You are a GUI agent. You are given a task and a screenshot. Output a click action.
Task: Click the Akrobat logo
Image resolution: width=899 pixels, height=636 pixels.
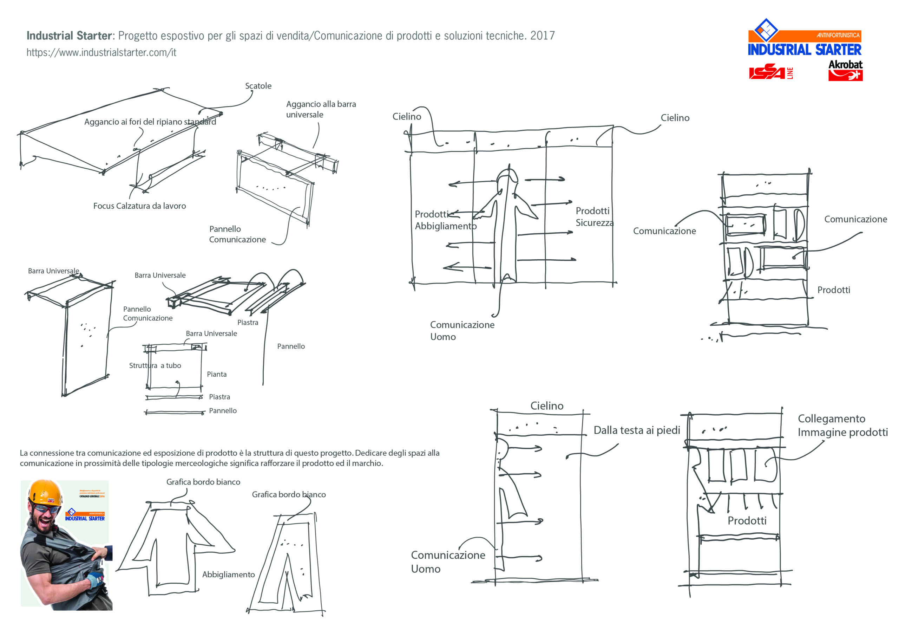[x=845, y=71]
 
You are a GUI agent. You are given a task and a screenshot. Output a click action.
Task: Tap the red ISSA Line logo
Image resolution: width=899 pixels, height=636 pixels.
[x=770, y=72]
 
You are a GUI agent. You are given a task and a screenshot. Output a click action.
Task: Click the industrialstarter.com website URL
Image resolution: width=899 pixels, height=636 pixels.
[x=101, y=52]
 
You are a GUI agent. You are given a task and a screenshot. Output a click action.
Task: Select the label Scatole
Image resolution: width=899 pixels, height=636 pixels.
[x=258, y=86]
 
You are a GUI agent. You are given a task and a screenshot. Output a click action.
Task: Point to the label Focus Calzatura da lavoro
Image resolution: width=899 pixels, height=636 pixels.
[x=139, y=206]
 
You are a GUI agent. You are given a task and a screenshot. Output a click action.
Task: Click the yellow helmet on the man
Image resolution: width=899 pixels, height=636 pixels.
[x=45, y=493]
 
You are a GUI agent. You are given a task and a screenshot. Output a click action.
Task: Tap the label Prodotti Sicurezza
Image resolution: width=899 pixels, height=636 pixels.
[x=593, y=217]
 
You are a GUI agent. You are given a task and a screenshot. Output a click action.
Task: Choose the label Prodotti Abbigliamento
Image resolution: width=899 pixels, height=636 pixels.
[x=445, y=220]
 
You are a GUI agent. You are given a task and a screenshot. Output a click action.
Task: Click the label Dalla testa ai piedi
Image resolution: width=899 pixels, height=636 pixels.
[x=637, y=430]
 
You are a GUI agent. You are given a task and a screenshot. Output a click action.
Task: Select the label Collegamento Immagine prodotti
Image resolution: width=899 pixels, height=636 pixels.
[x=842, y=426]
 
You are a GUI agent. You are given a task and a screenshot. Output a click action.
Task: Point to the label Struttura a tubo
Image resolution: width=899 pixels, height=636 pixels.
[x=155, y=365]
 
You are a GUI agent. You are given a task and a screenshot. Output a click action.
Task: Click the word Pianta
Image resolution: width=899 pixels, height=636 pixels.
[x=217, y=374]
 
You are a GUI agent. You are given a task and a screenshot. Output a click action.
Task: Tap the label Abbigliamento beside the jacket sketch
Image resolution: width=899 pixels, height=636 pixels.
[x=228, y=575]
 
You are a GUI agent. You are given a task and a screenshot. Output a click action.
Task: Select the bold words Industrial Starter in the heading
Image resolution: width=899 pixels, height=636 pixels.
[x=69, y=35]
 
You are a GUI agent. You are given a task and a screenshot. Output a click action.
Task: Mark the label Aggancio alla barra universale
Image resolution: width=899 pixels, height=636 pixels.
[x=321, y=109]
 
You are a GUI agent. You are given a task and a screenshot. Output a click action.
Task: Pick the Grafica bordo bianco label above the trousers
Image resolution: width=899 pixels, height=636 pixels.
[x=289, y=494]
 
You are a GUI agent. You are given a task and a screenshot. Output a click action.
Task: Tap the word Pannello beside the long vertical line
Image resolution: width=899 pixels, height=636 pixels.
[x=290, y=346]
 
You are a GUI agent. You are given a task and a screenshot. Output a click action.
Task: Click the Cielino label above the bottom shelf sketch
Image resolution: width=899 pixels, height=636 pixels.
[x=547, y=406]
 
